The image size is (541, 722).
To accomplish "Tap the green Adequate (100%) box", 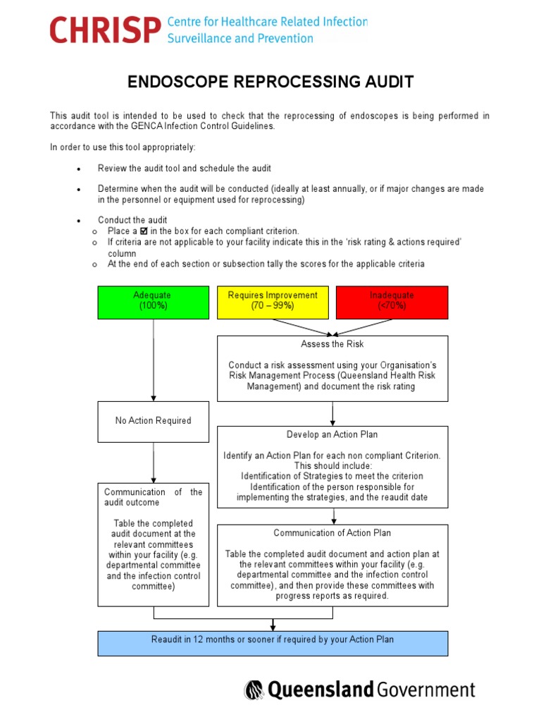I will (x=153, y=301).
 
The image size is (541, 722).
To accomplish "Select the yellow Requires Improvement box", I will (x=273, y=301).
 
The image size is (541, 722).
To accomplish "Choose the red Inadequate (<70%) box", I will (x=392, y=301).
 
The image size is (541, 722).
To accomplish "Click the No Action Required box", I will (x=153, y=421).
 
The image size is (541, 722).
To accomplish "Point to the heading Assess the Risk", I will (x=332, y=344).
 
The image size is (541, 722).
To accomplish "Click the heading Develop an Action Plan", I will (x=332, y=434).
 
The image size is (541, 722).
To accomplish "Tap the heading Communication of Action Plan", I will (x=332, y=533).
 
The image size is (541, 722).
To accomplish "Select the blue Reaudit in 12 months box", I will (x=273, y=640).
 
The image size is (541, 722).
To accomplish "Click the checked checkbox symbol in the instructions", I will (x=143, y=231).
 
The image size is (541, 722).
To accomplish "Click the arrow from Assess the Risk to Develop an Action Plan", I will (x=332, y=413).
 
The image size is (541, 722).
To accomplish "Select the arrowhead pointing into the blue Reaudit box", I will (x=273, y=627).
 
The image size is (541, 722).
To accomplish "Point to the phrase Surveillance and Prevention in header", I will (x=240, y=38).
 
